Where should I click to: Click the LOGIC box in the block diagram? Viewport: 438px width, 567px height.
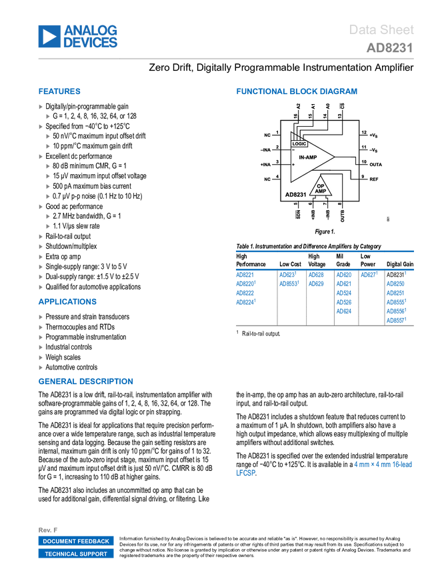(300, 143)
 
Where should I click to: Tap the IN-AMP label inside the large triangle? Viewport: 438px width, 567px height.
(307, 157)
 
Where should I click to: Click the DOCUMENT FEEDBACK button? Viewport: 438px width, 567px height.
(76, 541)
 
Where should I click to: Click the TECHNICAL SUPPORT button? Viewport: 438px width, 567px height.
(76, 554)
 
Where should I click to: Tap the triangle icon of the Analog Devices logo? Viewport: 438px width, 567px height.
(49, 36)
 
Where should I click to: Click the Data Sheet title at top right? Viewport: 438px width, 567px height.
(382, 30)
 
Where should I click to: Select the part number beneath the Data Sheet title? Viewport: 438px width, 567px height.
(389, 49)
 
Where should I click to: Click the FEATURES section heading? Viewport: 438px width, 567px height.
(60, 91)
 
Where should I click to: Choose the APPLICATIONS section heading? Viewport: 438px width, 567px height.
(68, 302)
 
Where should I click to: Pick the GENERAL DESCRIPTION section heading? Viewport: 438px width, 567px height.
(85, 382)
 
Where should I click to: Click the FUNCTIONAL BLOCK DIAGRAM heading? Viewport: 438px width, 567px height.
(297, 91)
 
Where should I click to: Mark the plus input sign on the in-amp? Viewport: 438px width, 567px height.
(293, 164)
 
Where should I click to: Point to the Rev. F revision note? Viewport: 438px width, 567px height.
(49, 529)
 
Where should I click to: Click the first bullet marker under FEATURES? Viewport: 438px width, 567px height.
(41, 106)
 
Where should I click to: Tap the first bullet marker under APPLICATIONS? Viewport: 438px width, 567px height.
(41, 317)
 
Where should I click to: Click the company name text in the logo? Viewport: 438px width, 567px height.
(91, 36)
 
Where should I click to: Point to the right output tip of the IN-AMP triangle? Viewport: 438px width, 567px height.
(335, 157)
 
